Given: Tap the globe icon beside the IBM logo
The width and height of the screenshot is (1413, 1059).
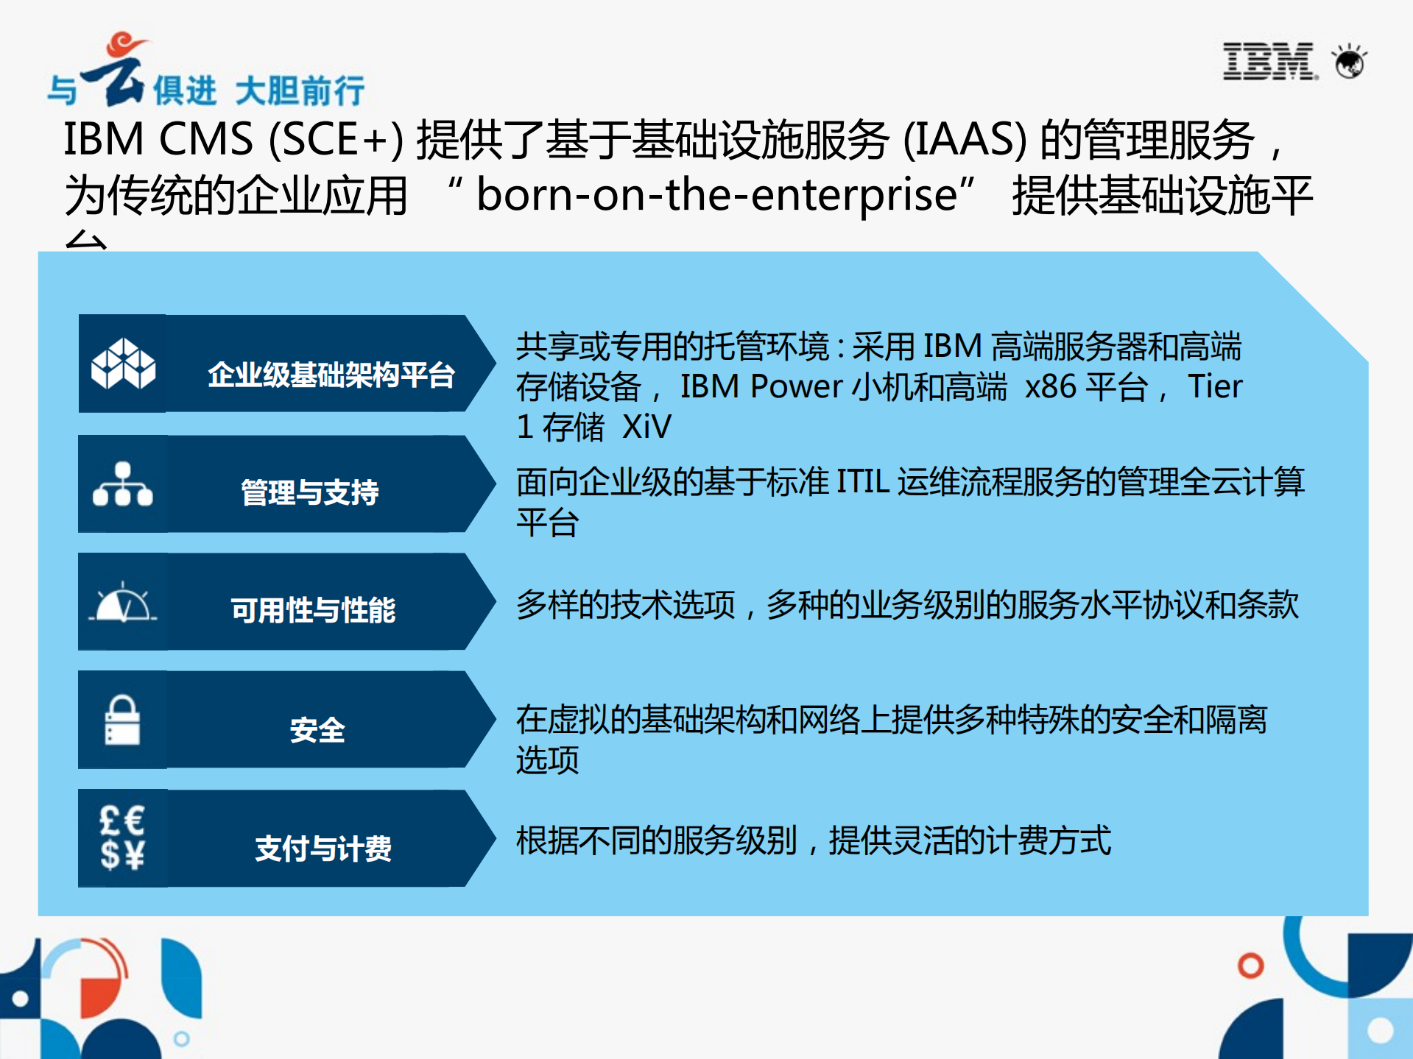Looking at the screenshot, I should tap(1350, 61).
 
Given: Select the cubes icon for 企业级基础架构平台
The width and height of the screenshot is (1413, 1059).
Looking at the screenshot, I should tap(123, 364).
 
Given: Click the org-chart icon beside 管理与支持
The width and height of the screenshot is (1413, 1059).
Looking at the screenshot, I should tap(122, 484).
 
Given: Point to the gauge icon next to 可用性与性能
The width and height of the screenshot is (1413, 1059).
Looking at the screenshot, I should tap(123, 603).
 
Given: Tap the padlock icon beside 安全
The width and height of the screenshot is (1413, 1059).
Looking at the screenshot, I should tap(122, 720).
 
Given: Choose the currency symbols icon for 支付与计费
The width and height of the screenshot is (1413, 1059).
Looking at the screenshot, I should tap(122, 838).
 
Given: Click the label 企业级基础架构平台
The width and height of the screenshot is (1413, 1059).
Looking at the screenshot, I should tap(331, 375).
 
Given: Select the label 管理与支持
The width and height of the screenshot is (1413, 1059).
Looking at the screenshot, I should tap(310, 492).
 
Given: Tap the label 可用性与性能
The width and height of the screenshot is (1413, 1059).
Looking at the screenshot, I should tap(313, 610).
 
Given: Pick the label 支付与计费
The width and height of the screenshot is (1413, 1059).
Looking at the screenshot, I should tap(323, 849).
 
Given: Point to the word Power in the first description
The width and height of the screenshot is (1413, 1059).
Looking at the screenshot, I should tap(796, 386).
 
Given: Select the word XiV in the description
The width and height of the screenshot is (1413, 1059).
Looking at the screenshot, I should tap(646, 427).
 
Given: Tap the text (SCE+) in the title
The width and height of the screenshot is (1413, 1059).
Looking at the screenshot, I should tap(336, 139).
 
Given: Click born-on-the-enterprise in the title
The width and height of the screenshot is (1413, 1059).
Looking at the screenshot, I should tap(716, 195).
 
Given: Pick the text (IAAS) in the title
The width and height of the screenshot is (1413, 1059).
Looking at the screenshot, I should tap(965, 139).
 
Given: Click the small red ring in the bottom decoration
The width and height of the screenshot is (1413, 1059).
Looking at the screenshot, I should tap(1250, 965).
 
